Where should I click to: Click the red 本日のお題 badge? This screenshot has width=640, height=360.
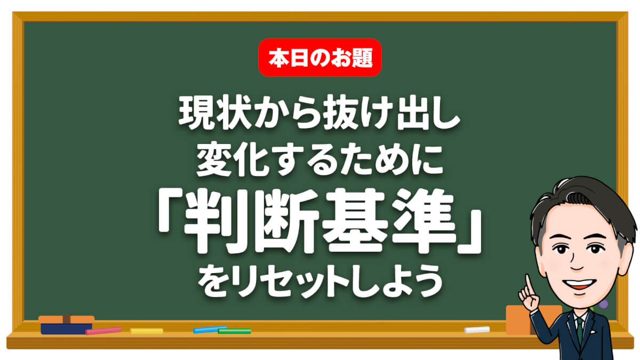coord(319,58)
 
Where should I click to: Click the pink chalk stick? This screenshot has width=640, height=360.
coord(103,331)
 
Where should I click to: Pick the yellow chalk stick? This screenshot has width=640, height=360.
coord(146,331)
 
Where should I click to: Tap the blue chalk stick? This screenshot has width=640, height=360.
coord(210,330)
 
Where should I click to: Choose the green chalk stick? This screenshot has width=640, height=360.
coord(234,331)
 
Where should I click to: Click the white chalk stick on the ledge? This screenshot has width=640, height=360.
coord(477,330)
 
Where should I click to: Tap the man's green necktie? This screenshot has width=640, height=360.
coord(580,331)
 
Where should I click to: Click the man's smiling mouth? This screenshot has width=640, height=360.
coord(579,284)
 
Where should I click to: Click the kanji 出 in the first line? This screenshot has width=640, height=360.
coord(408,113)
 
